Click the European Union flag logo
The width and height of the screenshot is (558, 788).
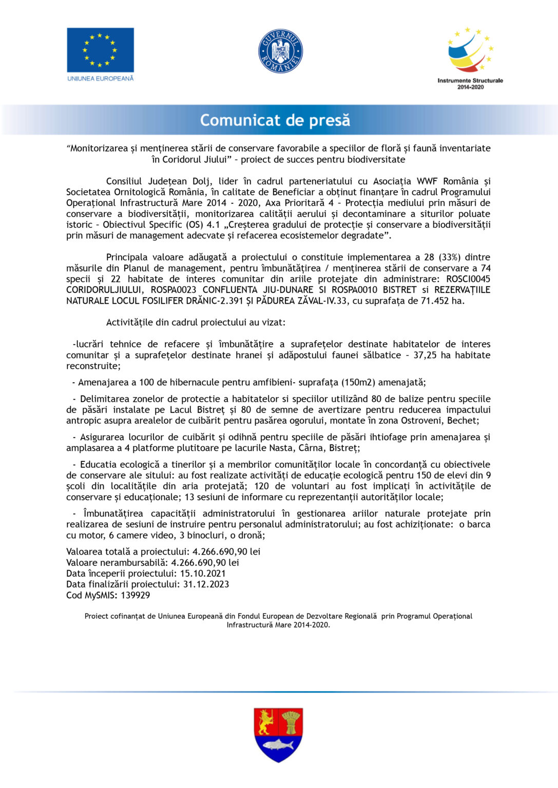100,50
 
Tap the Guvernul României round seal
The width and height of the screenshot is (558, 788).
280,51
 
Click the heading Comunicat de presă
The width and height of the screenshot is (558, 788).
275,120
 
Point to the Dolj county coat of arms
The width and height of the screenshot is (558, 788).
278,735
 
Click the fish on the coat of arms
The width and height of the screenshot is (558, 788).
278,744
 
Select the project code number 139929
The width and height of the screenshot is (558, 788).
136,595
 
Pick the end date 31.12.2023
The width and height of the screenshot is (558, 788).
206,584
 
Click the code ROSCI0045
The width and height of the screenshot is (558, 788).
468,279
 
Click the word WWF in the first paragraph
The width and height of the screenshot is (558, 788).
427,181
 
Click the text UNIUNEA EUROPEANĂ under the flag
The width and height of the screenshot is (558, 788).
101,78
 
